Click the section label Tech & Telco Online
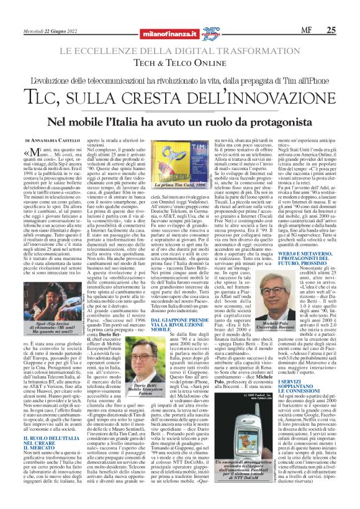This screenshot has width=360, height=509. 179,63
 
